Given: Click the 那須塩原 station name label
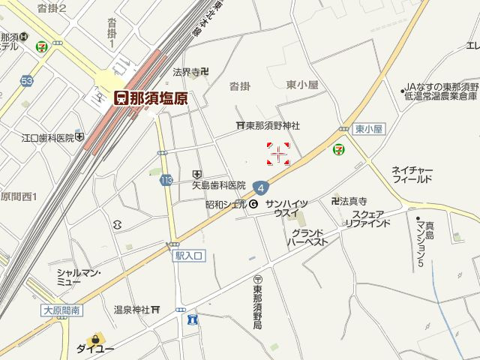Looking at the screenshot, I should pos(151,98).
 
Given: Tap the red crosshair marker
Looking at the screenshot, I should pos(278,154).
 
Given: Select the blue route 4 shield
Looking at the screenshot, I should pos(259,187).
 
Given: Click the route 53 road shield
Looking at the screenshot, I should pos(28,80).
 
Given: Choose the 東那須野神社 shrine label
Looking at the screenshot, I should pos(268,125).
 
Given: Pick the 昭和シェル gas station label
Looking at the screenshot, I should pos(232,204).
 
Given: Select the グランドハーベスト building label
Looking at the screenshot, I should pos(308,238).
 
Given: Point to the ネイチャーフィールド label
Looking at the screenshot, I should pos(412,175).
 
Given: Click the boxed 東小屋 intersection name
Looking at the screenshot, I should pos(368,129).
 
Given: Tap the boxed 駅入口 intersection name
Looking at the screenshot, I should pos(189,256).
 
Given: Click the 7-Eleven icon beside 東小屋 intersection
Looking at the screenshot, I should pos(340,150).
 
